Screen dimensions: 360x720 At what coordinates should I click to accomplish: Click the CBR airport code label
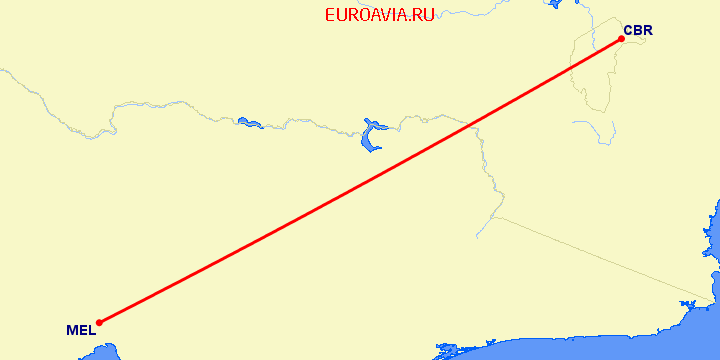[x=637, y=30]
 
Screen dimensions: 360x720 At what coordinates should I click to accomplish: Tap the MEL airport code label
[x=81, y=330]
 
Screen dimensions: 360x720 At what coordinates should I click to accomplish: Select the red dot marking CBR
[x=621, y=40]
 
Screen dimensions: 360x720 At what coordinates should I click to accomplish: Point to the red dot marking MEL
[x=99, y=322]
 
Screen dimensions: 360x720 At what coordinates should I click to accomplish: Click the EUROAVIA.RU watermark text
[x=380, y=15]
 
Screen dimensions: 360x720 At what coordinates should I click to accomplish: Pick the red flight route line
[x=360, y=181]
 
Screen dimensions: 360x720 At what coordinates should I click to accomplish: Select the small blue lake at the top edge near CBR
[x=553, y=4]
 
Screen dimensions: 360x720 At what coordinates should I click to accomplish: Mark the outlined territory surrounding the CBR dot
[x=590, y=70]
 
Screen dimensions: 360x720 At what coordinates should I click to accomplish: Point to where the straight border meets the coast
[x=711, y=301]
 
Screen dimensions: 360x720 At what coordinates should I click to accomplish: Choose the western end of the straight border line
[x=494, y=216]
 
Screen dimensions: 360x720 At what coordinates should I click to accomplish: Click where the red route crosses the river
[x=471, y=123]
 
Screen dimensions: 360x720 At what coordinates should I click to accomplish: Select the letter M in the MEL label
[x=72, y=330]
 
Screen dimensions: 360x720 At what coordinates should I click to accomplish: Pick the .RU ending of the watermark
[x=421, y=15]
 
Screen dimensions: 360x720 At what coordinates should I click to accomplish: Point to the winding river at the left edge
[x=30, y=90]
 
